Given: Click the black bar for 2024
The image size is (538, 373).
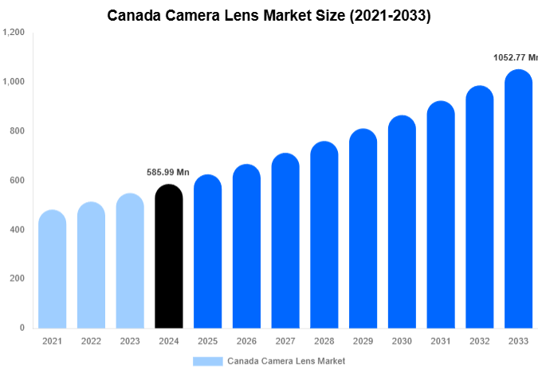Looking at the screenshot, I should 168,256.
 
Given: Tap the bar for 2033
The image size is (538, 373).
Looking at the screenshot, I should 519,199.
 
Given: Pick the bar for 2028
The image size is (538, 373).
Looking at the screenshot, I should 324,235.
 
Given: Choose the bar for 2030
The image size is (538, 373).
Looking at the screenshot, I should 402,222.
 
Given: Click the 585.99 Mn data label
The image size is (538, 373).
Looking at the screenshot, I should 168,172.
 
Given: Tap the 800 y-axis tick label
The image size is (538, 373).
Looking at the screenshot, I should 17,131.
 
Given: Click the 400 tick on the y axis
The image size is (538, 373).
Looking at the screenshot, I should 17,230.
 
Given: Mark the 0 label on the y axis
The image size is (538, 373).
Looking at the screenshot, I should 22,328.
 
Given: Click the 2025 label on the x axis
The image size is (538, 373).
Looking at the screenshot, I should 207,341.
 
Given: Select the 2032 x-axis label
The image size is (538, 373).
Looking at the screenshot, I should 480,341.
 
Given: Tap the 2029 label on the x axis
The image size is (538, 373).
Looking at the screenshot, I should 363,341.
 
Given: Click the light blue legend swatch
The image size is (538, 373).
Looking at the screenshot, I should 207,361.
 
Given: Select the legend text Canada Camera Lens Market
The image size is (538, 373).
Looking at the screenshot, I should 286,361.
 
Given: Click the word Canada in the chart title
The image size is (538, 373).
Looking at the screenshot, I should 134,16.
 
